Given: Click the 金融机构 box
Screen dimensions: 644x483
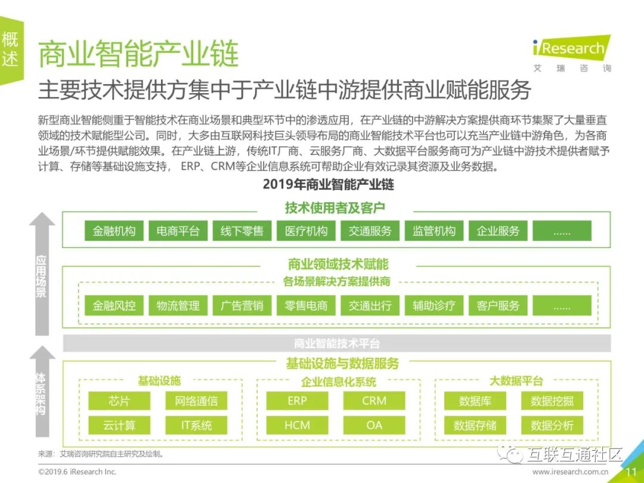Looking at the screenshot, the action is tap(114, 231).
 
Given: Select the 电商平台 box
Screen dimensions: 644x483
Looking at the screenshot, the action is tap(178, 231).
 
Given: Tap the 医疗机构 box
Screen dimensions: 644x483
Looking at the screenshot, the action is tap(306, 231).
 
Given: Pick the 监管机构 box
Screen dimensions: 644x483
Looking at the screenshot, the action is tap(434, 231).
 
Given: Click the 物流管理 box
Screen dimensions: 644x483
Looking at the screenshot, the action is tap(178, 306).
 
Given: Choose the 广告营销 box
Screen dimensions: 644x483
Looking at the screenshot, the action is tap(242, 306).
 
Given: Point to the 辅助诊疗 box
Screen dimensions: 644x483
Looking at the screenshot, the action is tap(434, 306).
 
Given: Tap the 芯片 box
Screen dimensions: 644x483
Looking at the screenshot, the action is tap(119, 401).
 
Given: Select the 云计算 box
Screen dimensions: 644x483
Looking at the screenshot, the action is tap(119, 425).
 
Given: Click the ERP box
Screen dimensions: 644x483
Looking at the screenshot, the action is tap(297, 401).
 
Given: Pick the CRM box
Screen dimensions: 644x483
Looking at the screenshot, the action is tap(374, 401).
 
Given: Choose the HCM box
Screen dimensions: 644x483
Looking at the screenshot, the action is tap(297, 425).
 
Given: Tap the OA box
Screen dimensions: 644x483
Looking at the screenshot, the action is tap(374, 425).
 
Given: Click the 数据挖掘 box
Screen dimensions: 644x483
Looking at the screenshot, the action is tap(552, 401).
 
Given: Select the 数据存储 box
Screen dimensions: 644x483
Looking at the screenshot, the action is tap(475, 425).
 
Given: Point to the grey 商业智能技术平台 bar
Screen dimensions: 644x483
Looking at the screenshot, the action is tap(337, 343).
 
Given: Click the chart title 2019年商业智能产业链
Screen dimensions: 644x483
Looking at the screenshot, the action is tap(329, 184).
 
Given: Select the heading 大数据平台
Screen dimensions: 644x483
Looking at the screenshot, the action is tap(516, 380).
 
